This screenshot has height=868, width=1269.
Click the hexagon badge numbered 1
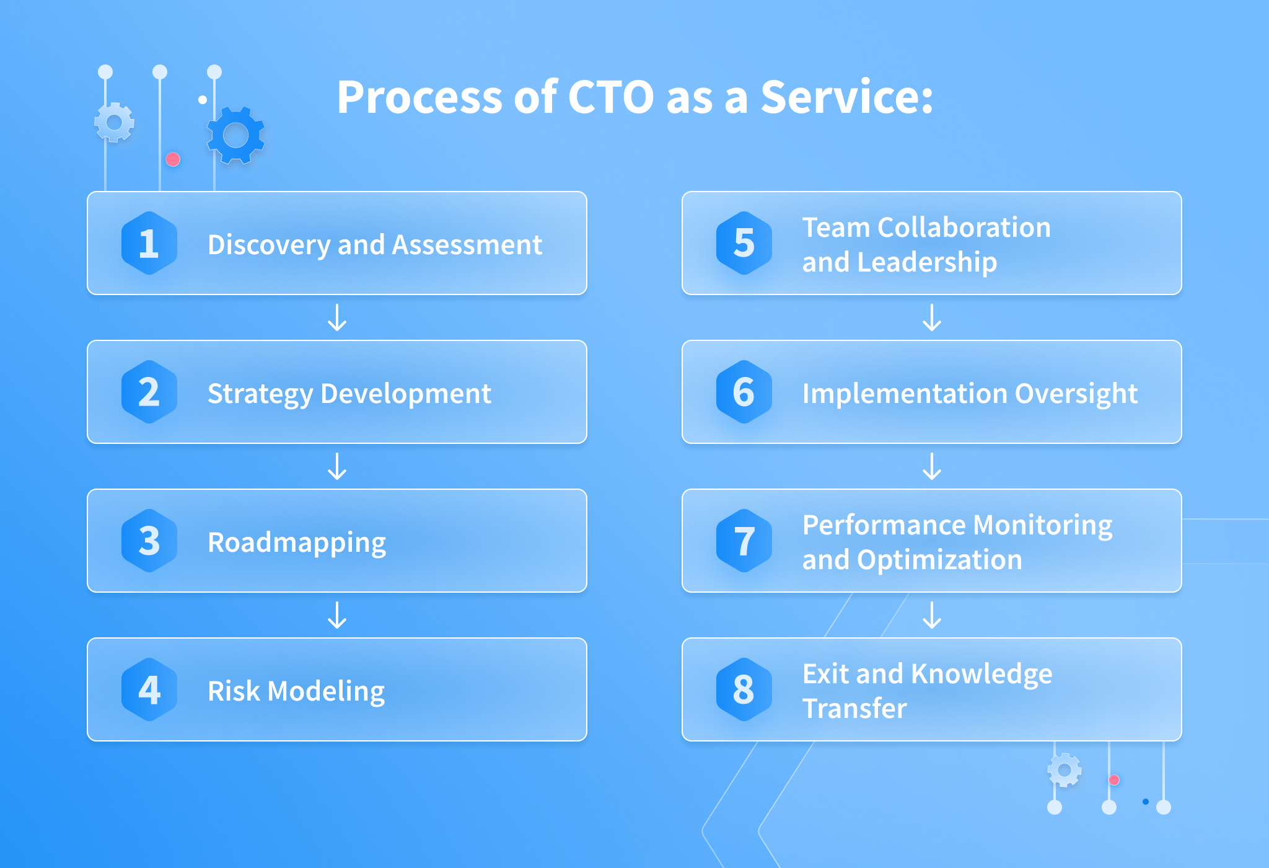(149, 243)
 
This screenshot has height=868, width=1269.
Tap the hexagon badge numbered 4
(149, 689)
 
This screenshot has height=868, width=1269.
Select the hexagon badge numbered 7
(744, 541)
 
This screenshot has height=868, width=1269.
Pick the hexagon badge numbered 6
(744, 392)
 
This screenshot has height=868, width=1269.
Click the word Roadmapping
(297, 543)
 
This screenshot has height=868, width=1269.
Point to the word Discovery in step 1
(269, 246)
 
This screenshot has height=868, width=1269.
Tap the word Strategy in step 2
(260, 394)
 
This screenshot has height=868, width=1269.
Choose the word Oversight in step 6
(1076, 394)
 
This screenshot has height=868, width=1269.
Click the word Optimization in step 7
(939, 560)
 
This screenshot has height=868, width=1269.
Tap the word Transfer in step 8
(854, 708)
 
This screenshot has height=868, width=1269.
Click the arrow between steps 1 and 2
(337, 317)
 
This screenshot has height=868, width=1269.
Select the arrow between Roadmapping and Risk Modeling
(337, 615)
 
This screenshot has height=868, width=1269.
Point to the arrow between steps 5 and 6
(932, 317)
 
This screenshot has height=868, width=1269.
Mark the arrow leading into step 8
(932, 615)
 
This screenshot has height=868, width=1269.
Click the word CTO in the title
(610, 97)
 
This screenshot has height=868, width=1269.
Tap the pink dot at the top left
(173, 160)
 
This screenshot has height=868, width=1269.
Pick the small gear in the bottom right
(1065, 770)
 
